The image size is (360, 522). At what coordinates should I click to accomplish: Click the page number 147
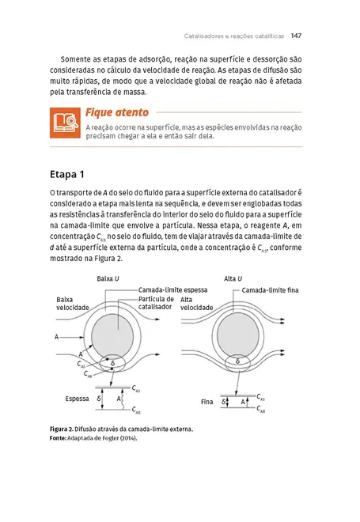(296, 36)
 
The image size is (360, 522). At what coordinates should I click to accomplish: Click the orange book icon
(65, 123)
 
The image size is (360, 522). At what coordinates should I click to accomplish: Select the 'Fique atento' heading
(117, 113)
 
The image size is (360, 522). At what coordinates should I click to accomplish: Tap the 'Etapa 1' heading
(67, 175)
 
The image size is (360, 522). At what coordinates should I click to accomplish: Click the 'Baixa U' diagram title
(108, 278)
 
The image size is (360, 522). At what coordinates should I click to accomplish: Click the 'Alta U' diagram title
(233, 278)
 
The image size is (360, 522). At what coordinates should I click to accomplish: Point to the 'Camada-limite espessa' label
(172, 290)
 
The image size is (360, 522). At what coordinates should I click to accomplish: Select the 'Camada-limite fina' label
(270, 290)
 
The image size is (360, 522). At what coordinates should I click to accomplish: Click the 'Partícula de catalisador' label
(156, 303)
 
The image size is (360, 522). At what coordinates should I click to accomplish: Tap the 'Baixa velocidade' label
(73, 304)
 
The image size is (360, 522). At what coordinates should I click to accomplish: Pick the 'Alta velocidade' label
(196, 304)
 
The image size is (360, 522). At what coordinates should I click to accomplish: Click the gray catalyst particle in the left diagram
(112, 336)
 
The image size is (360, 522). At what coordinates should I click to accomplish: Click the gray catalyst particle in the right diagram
(238, 335)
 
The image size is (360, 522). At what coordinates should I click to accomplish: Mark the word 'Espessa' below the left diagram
(77, 399)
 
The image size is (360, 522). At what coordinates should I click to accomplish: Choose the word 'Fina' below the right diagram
(207, 402)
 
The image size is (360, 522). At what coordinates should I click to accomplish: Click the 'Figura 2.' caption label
(61, 429)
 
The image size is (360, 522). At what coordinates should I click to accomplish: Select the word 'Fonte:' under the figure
(58, 438)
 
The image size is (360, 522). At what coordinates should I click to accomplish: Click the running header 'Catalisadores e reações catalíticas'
(234, 36)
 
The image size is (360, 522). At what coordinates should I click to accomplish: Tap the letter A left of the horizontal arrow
(57, 337)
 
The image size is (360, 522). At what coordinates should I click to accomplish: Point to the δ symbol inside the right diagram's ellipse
(237, 361)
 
